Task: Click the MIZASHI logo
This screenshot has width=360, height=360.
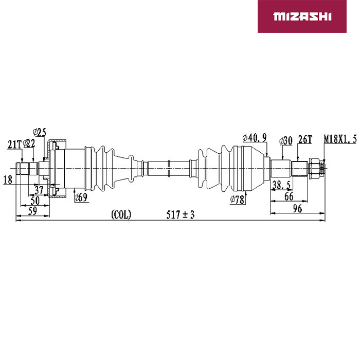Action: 302,16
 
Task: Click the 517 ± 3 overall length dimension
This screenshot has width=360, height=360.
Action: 181,214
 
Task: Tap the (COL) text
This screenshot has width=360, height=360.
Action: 121,214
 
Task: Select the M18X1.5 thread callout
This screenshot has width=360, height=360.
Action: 340,139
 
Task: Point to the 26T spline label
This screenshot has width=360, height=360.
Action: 305,139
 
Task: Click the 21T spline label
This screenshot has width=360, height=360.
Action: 14,145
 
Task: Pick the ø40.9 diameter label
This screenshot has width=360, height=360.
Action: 255,138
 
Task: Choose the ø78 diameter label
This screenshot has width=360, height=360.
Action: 237,200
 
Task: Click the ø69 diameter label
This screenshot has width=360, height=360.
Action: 81,197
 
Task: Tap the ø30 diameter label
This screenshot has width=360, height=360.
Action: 286,140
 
